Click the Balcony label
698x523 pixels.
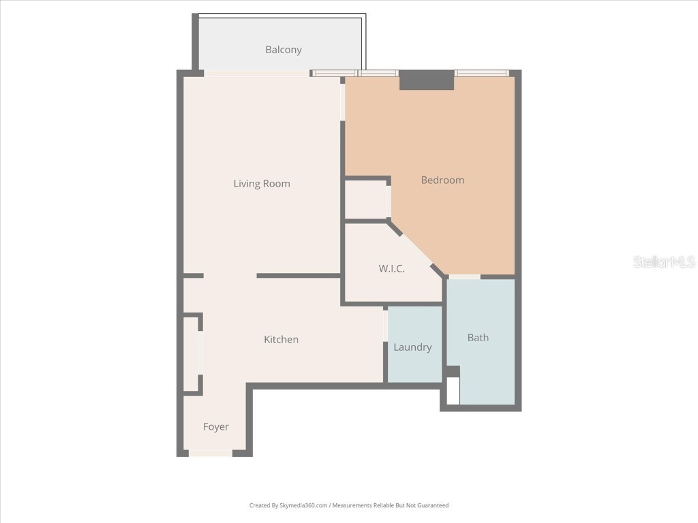[x=283, y=50]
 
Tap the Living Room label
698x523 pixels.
[x=262, y=184]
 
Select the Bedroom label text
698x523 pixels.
[x=442, y=180]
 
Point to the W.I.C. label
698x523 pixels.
[x=391, y=269]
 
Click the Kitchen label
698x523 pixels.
[x=281, y=340]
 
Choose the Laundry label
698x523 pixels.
[x=412, y=347]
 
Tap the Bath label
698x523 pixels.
[x=478, y=338]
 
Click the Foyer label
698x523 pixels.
[x=216, y=427]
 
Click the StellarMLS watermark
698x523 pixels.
[x=663, y=262]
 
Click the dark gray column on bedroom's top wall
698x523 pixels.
[x=427, y=80]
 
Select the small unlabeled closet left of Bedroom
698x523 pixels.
[x=365, y=200]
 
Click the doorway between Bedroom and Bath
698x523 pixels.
[x=464, y=276]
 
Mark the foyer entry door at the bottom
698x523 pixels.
[x=211, y=453]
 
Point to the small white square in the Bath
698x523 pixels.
[x=453, y=391]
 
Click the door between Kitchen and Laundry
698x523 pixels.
[x=386, y=325]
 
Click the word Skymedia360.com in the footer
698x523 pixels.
[x=301, y=505]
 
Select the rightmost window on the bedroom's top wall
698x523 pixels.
[x=482, y=73]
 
